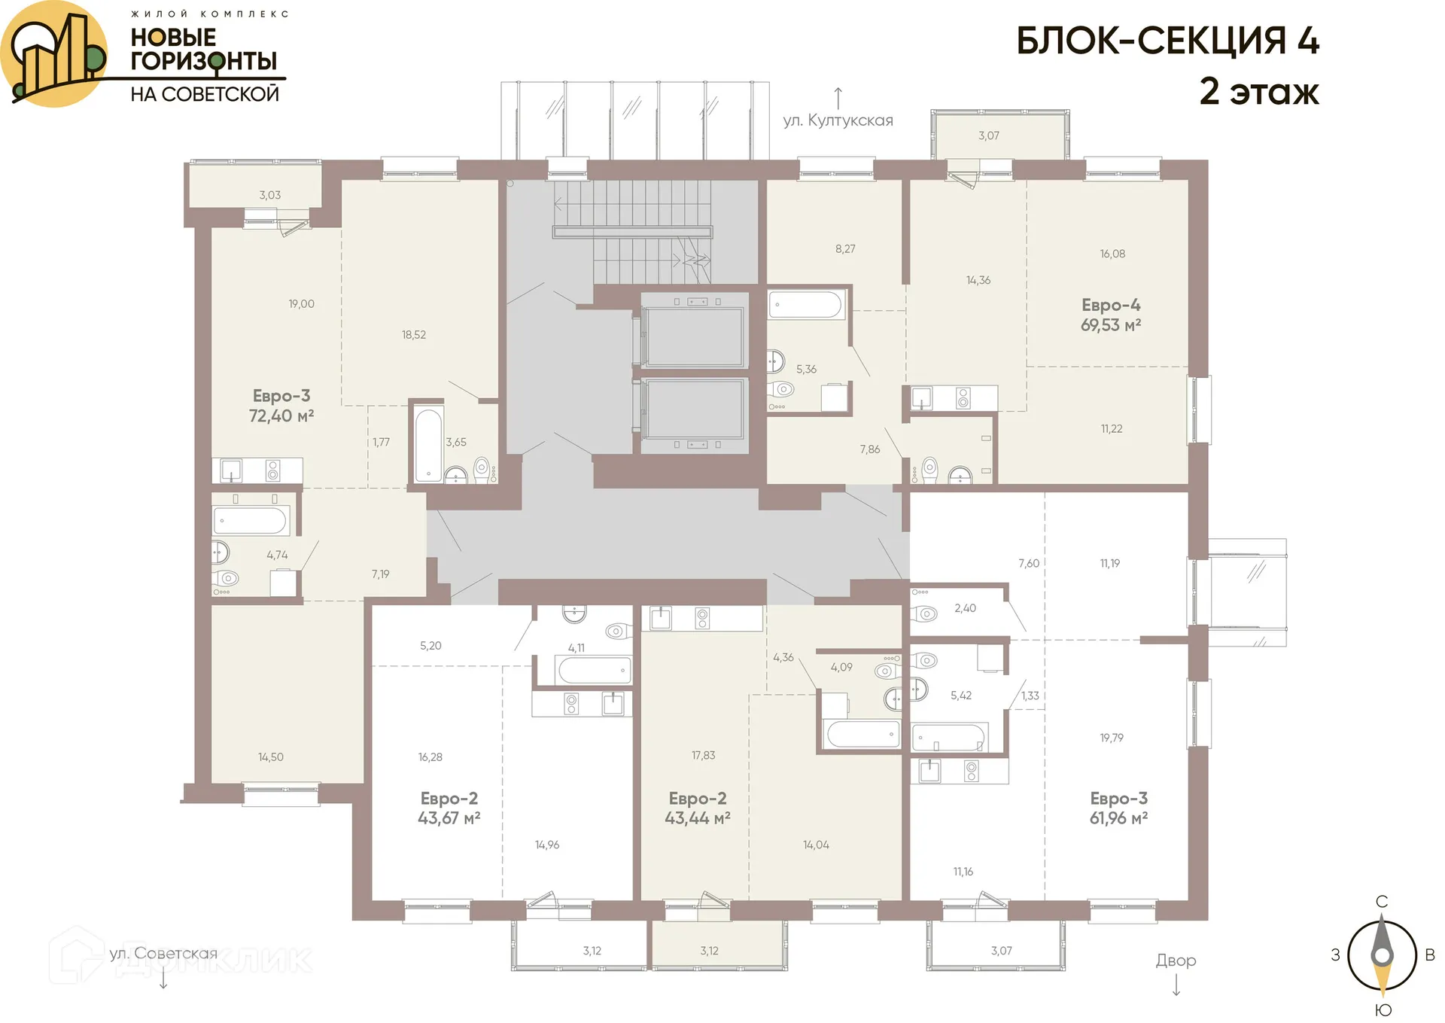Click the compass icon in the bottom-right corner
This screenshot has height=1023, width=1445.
[x=1382, y=955]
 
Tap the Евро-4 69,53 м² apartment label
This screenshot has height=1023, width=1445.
[x=1110, y=315]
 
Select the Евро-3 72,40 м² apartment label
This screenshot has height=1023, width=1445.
[x=281, y=406]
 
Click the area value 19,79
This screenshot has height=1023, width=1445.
[x=1111, y=738]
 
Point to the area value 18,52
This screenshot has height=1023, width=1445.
[x=413, y=335]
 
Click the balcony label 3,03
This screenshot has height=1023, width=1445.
[x=269, y=195]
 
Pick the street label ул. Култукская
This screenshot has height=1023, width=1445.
[x=838, y=120]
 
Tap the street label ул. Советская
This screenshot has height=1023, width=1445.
[x=163, y=954]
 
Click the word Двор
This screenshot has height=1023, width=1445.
[x=1176, y=961]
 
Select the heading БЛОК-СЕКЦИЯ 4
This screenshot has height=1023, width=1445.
[x=1167, y=41]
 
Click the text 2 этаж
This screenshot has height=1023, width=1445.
[x=1258, y=91]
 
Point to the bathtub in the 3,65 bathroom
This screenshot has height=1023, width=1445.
[x=429, y=444]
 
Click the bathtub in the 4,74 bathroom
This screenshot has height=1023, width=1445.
[x=250, y=521]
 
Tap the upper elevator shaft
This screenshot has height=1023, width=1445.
[x=693, y=336]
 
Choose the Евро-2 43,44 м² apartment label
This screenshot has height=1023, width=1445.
[x=697, y=808]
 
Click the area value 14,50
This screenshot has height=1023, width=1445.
[x=270, y=757]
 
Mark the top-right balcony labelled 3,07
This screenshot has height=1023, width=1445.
[x=988, y=135]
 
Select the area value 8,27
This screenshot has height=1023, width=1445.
[x=844, y=249]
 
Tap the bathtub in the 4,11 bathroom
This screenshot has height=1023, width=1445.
[x=593, y=670]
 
